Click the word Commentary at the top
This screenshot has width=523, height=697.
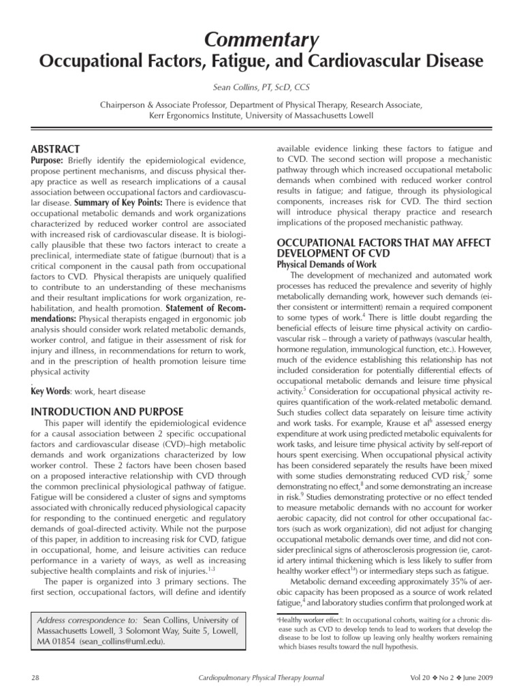pyautogui.click(x=261, y=42)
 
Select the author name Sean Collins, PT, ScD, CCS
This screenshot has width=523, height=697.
pyautogui.click(x=261, y=88)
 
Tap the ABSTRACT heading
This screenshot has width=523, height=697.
pyautogui.click(x=55, y=149)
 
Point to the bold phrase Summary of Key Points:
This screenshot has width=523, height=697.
pyautogui.click(x=111, y=203)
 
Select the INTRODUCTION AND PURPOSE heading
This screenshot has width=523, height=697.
pyautogui.click(x=107, y=412)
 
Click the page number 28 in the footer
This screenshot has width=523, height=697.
pyautogui.click(x=36, y=678)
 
